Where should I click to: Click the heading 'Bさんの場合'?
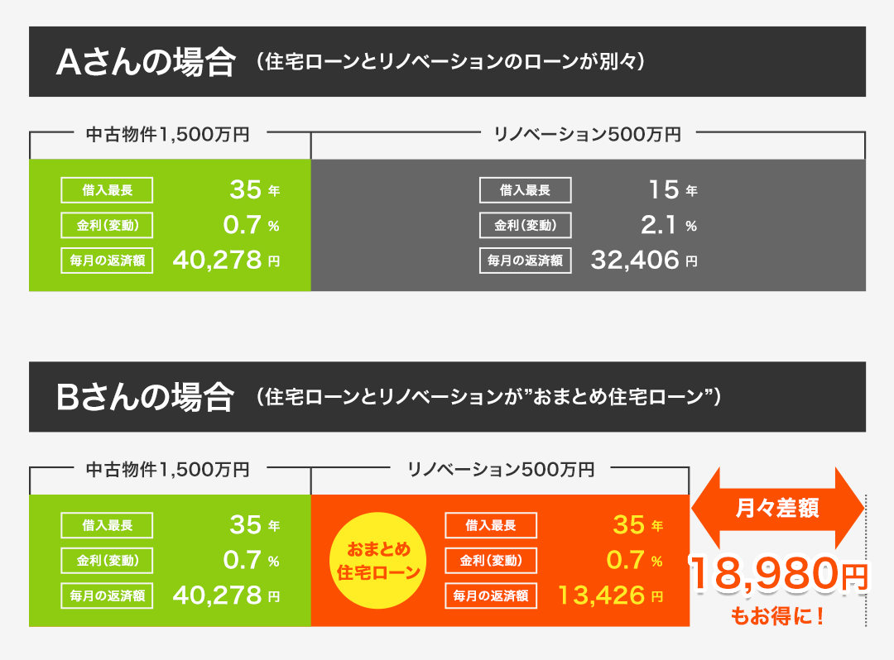pos(146,398)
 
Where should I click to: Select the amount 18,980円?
pos(779,576)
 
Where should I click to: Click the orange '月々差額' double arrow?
pos(777,509)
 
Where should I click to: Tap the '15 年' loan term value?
pos(672,190)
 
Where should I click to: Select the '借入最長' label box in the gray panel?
pos(526,190)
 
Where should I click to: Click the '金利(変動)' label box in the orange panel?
pos(491,560)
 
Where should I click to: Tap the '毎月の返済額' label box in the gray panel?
pos(526,261)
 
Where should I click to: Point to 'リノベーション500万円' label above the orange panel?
pos(501,469)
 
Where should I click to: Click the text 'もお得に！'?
pos(777,616)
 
